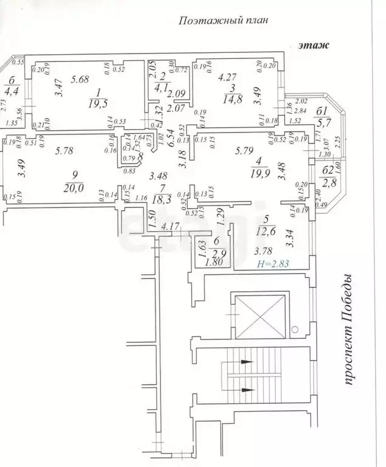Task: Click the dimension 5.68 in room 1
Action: tap(80, 78)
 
